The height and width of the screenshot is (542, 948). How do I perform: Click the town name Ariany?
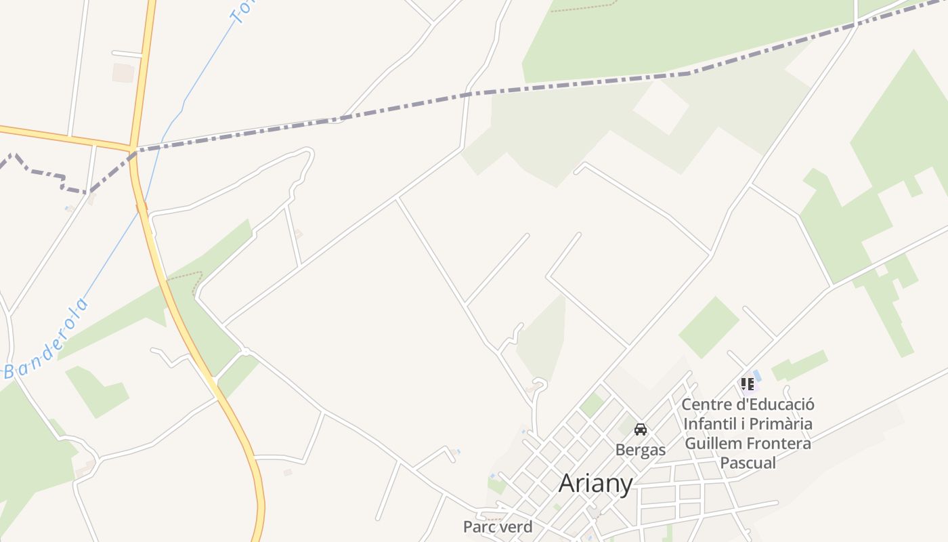tap(596, 484)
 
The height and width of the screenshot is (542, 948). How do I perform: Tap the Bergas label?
tap(641, 450)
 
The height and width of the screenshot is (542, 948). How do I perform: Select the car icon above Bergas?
tap(641, 430)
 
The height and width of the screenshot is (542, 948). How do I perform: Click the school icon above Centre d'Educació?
tap(748, 385)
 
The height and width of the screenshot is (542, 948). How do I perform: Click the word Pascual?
tap(748, 463)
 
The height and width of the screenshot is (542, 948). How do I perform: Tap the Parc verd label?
tap(498, 526)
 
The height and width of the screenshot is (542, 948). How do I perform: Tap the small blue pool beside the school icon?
tap(758, 375)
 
